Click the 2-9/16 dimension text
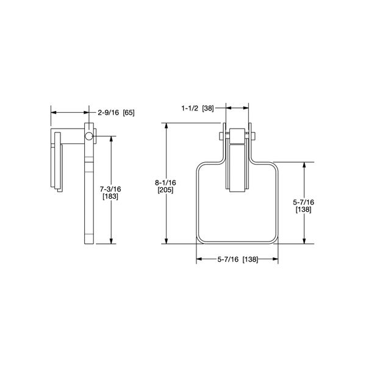pyautogui.click(x=109, y=112)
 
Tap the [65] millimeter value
pyautogui.click(x=129, y=112)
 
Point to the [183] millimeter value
pyautogui.click(x=111, y=197)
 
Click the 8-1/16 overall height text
pyautogui.click(x=166, y=182)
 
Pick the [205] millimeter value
pyautogui.click(x=166, y=190)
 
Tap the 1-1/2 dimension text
pyautogui.click(x=191, y=107)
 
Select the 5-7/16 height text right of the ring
pyautogui.click(x=304, y=202)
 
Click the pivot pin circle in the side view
pyautogui.click(x=90, y=135)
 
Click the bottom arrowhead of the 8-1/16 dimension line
pyautogui.click(x=166, y=241)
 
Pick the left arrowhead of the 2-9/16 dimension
pyautogui.click(x=52, y=112)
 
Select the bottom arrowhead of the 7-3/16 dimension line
pyautogui.click(x=111, y=241)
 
